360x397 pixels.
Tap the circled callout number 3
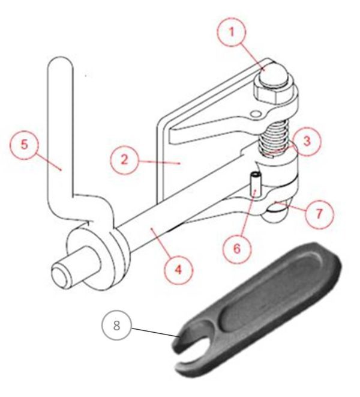(x=306, y=142)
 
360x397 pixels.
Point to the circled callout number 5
(x=25, y=145)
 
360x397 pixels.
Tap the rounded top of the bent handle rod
(x=59, y=63)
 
